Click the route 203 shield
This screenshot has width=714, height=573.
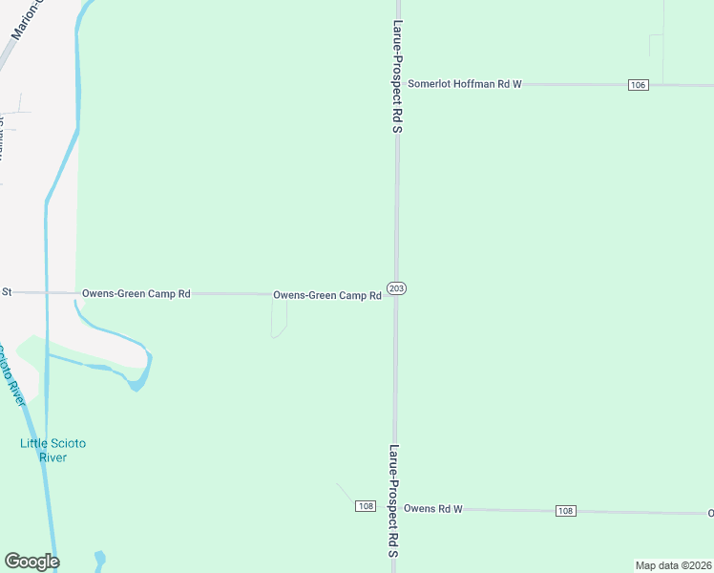click(x=397, y=288)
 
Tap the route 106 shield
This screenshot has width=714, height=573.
click(x=639, y=85)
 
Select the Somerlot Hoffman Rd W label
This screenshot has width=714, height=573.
click(x=465, y=84)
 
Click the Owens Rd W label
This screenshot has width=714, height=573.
click(x=432, y=509)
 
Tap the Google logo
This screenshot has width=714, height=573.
click(x=31, y=562)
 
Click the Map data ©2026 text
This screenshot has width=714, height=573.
click(x=673, y=565)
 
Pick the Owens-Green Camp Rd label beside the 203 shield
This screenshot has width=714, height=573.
click(x=327, y=295)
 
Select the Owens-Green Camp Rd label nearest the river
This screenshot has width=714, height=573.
click(x=136, y=293)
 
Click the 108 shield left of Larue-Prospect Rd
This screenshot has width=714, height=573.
click(x=365, y=505)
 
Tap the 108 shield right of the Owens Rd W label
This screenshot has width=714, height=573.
click(x=565, y=511)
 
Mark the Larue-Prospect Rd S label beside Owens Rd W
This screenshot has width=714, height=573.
click(x=393, y=500)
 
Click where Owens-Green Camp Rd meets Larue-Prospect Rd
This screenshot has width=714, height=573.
click(x=397, y=295)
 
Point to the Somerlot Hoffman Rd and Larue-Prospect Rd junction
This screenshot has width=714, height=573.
click(x=397, y=84)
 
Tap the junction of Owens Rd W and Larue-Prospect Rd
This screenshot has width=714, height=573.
click(x=396, y=509)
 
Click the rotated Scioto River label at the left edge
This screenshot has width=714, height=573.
click(x=11, y=374)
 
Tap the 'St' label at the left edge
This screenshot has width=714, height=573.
click(x=6, y=291)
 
